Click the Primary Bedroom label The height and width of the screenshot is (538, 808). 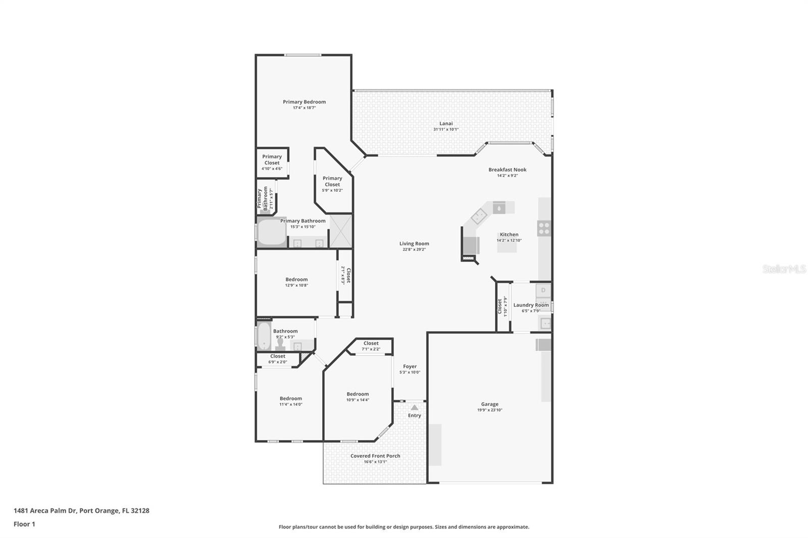tap(304, 102)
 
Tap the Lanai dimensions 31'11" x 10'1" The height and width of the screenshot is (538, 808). tap(446, 129)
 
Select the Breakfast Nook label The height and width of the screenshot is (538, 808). tap(507, 170)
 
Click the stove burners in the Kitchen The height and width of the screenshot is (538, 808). tap(544, 228)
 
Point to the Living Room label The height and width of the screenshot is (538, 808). tap(414, 243)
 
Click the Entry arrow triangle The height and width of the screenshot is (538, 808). tap(414, 407)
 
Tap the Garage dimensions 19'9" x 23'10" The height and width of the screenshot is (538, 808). tap(489, 410)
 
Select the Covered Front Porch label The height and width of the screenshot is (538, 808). tap(375, 456)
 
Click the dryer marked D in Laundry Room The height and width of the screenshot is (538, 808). tap(543, 290)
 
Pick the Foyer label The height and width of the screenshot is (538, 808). tap(410, 366)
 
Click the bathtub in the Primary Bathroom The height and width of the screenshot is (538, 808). tap(272, 232)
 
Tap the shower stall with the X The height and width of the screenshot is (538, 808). tap(341, 231)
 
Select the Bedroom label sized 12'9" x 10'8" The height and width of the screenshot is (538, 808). tap(296, 279)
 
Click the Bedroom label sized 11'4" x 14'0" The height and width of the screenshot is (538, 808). tap(291, 398)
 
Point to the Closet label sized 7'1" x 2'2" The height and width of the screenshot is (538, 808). tap(371, 343)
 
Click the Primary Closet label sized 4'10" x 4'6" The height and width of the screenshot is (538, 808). tap(272, 159)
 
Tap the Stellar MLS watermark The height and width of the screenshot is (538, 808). tap(784, 269)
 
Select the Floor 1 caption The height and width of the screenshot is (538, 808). tap(24, 524)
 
